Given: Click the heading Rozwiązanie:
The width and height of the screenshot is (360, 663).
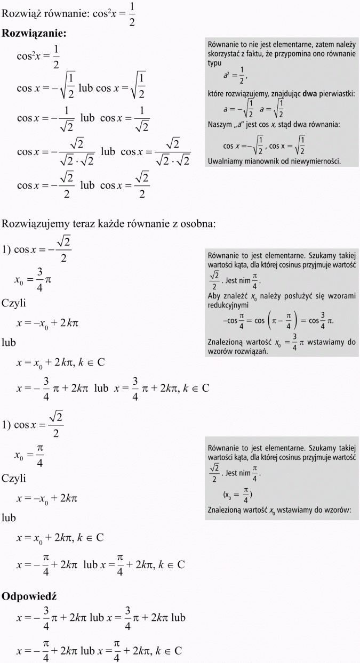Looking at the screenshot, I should pos(34,34).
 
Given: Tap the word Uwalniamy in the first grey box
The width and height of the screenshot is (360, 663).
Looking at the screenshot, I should pos(225,160).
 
